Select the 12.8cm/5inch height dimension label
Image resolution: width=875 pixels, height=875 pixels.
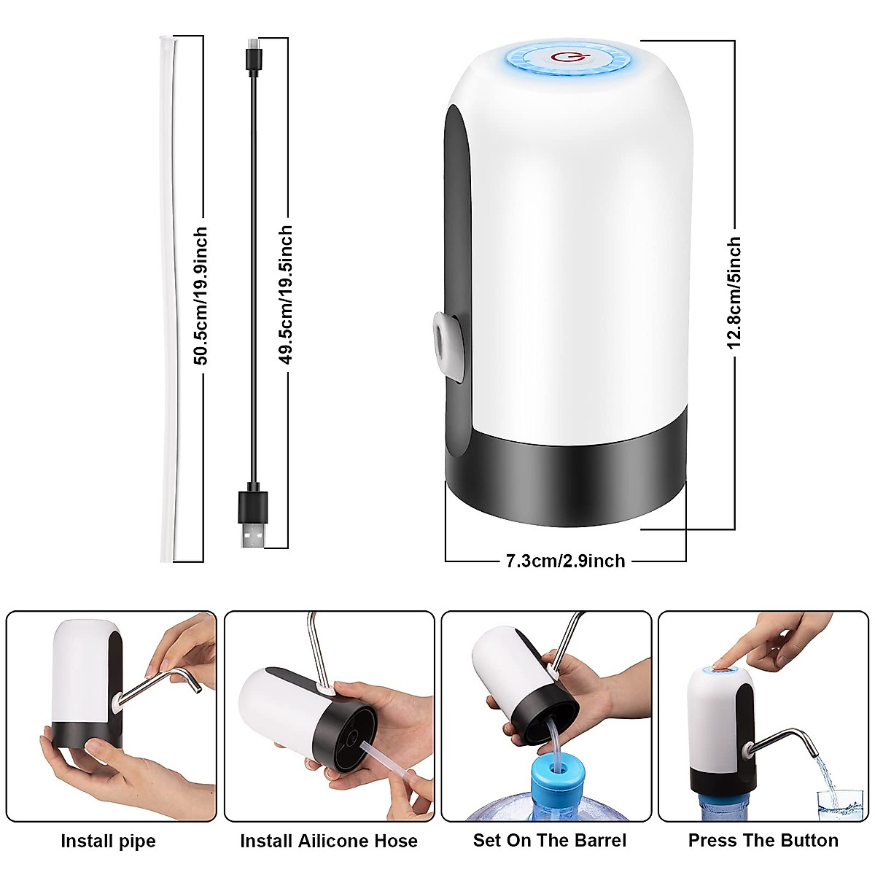click(x=734, y=292)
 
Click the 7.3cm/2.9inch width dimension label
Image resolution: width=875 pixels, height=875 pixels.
click(x=565, y=561)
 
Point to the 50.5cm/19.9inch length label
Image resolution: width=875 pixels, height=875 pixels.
click(x=201, y=295)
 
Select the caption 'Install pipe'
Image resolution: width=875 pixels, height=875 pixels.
click(x=108, y=841)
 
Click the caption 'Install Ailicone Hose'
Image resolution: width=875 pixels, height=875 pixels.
click(x=329, y=841)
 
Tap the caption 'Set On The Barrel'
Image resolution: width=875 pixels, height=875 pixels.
click(x=549, y=840)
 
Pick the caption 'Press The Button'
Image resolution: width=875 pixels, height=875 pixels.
click(x=763, y=840)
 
